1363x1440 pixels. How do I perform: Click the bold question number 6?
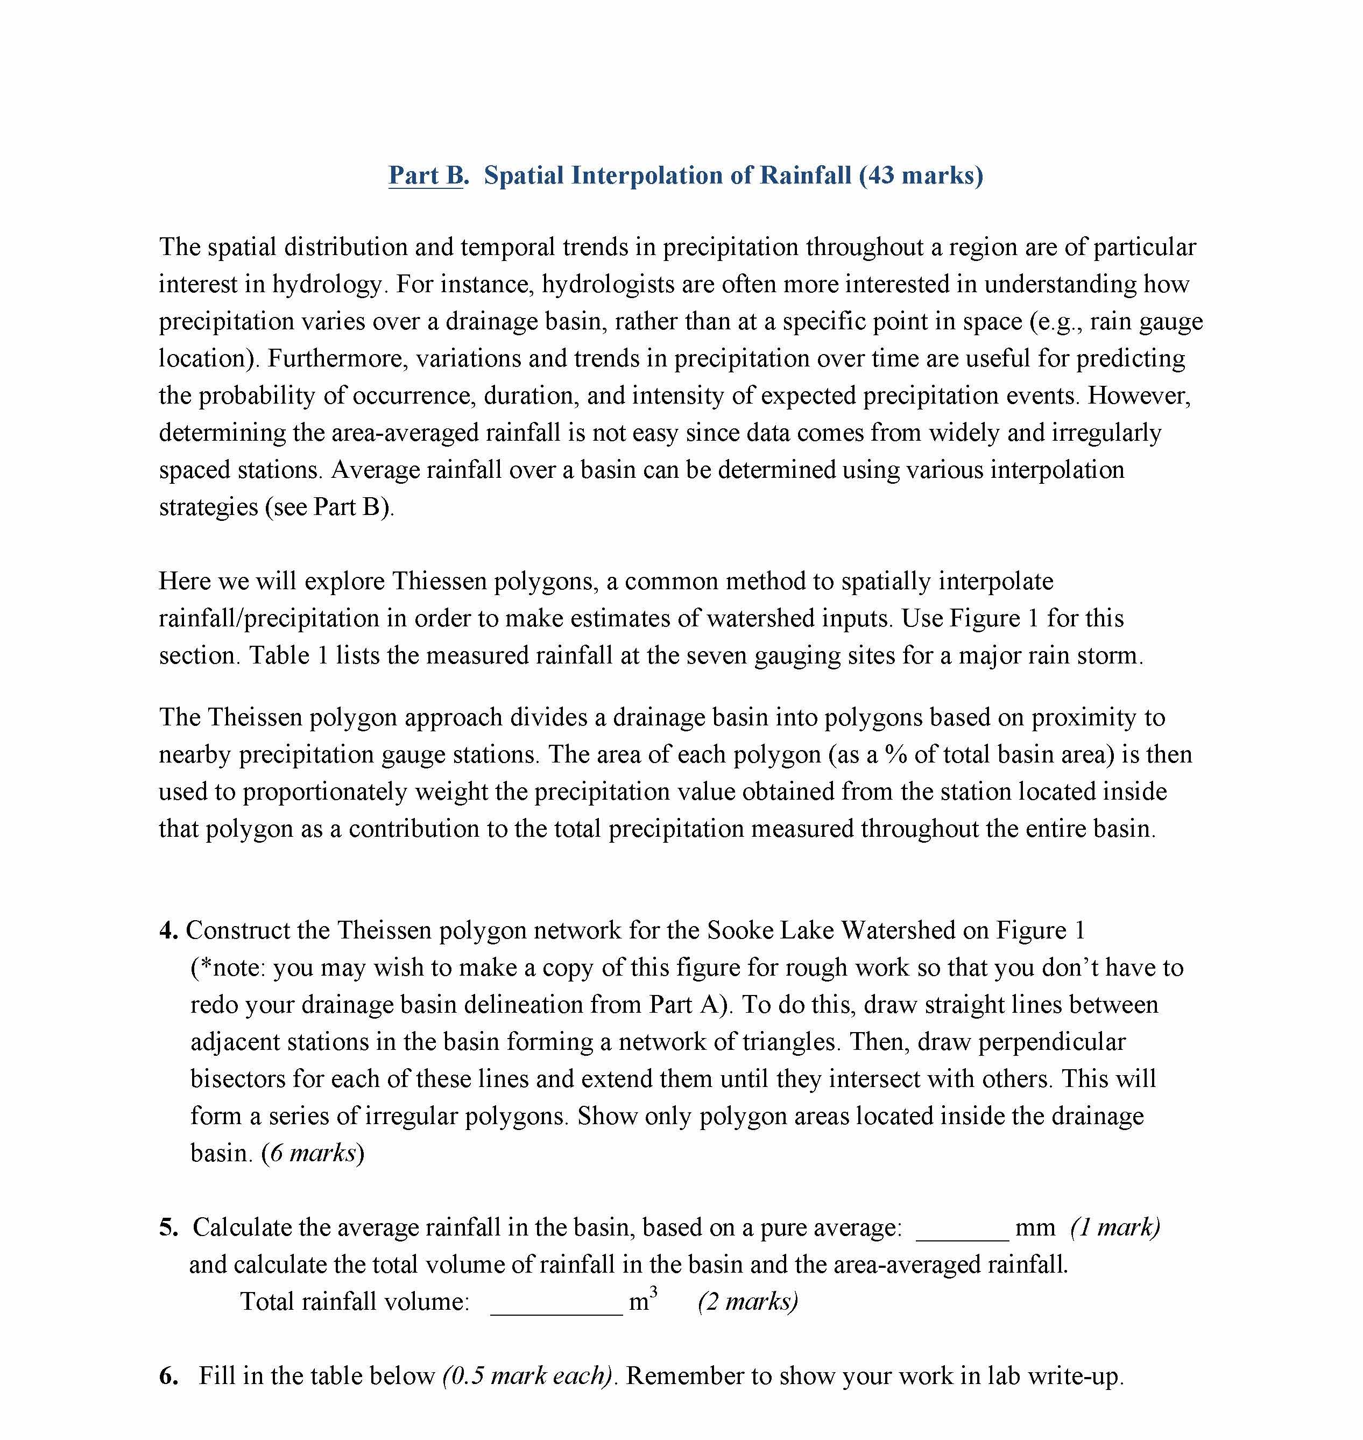coord(168,1375)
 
